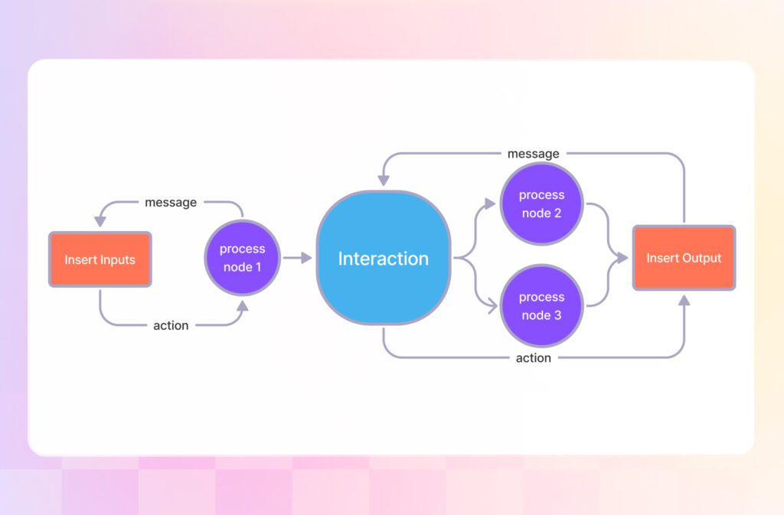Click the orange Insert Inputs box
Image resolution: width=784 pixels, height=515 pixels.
(x=100, y=259)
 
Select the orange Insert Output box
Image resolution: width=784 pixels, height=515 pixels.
(x=684, y=258)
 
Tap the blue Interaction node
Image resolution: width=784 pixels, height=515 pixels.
(x=383, y=258)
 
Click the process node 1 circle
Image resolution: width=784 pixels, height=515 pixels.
(x=243, y=258)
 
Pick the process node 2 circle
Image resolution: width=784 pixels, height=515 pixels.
(x=541, y=204)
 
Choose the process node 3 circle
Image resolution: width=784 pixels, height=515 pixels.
(x=541, y=305)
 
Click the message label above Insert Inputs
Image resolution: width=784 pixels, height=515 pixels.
(x=171, y=203)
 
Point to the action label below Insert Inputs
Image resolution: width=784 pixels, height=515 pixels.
(x=171, y=325)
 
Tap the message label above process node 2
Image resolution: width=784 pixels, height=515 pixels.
(x=534, y=154)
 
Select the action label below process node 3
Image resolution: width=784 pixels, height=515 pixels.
(x=534, y=357)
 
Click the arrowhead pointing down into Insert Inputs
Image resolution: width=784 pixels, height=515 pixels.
(x=100, y=222)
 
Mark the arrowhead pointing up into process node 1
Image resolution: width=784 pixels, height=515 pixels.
(x=243, y=306)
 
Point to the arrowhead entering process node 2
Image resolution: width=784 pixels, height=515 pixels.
(x=490, y=204)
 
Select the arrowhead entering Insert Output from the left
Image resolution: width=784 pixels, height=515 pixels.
(x=624, y=258)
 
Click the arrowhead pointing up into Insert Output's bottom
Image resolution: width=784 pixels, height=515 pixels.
(x=684, y=301)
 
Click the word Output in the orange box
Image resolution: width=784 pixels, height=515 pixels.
(x=702, y=258)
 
